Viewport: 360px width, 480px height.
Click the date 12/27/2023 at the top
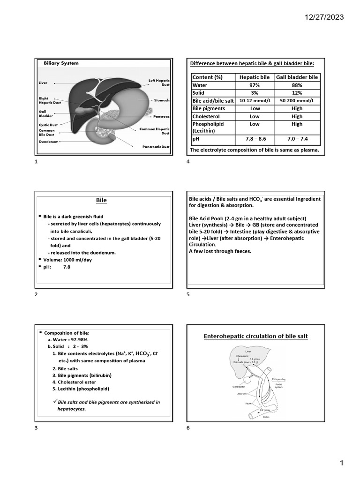(x=323, y=17)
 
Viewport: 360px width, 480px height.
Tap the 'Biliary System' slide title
(x=61, y=63)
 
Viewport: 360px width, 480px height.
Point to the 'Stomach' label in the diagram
(x=162, y=100)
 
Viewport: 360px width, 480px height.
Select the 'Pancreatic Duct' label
(x=156, y=147)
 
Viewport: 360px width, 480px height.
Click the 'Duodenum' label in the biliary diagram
(x=49, y=141)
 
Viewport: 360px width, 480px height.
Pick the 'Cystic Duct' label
(x=48, y=125)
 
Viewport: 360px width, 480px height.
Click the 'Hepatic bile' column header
(x=255, y=77)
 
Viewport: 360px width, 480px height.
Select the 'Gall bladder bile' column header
(x=297, y=77)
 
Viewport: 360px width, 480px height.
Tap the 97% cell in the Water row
(x=255, y=85)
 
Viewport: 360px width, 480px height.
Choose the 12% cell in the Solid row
(x=297, y=93)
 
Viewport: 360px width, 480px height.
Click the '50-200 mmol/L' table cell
(x=297, y=101)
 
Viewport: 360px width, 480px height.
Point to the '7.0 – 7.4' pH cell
(x=297, y=139)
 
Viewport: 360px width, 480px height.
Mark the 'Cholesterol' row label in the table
(x=206, y=116)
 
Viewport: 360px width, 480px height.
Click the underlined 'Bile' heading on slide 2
(x=101, y=200)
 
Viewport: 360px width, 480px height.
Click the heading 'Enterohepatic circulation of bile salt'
(x=255, y=336)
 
